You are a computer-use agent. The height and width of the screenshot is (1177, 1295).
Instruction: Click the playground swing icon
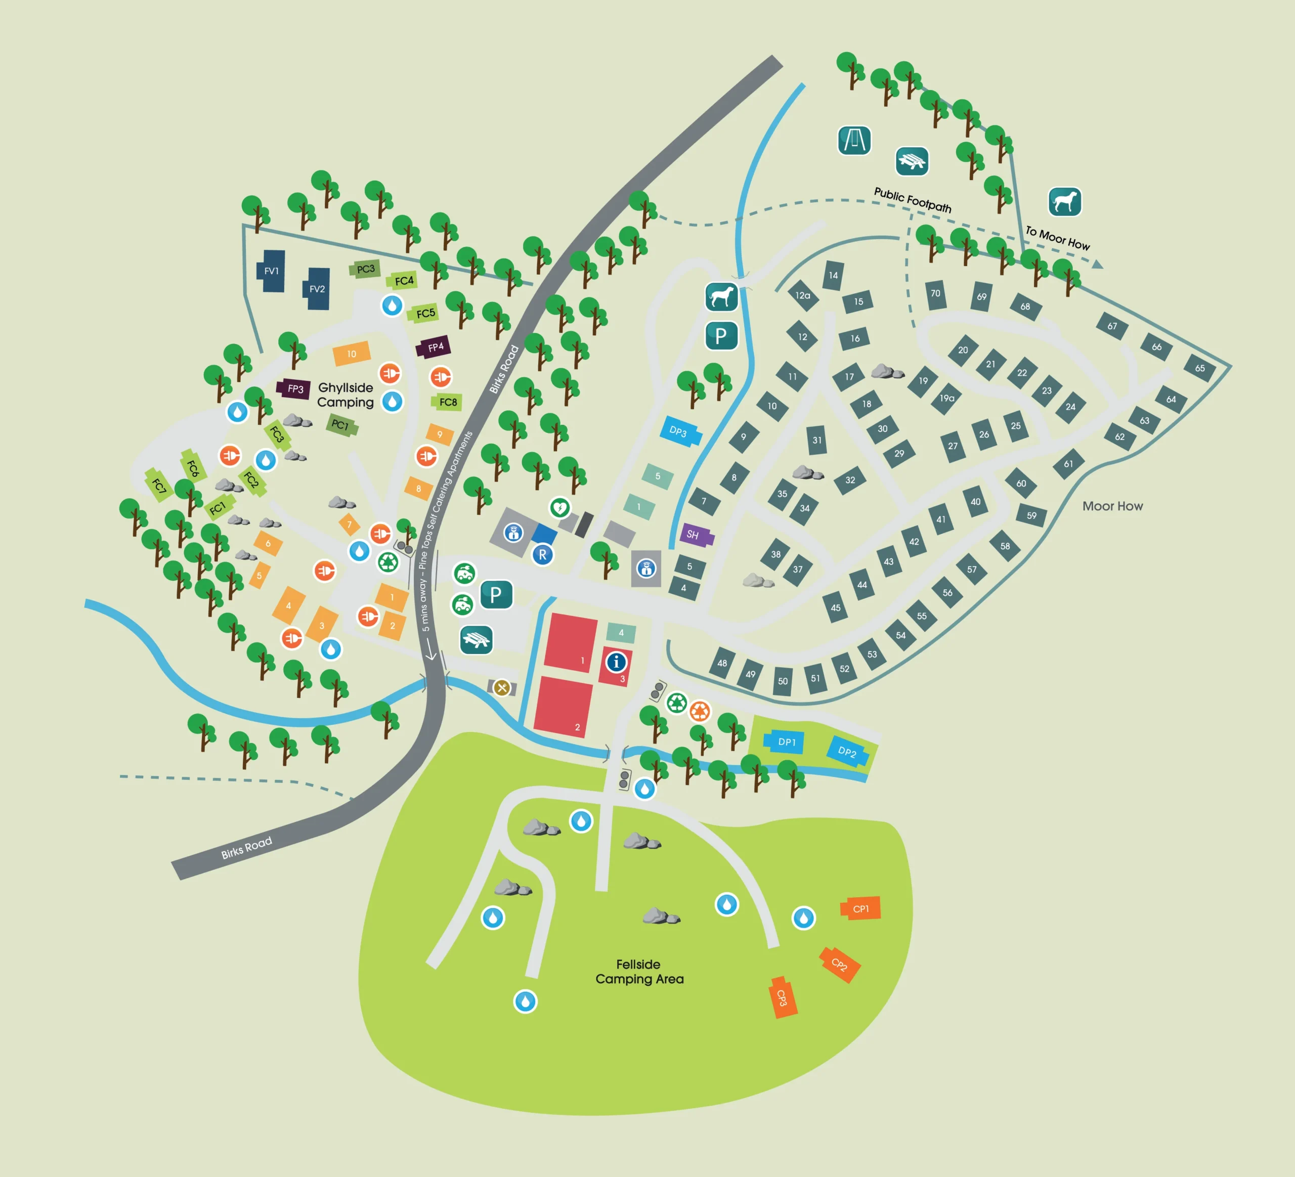click(x=854, y=140)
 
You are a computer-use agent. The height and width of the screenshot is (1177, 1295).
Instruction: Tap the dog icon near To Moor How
click(x=1064, y=202)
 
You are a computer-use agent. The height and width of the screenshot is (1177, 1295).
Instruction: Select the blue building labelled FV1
click(x=272, y=271)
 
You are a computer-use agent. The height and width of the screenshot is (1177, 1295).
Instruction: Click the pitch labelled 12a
click(x=803, y=295)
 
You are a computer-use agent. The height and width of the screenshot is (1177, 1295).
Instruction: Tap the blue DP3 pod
click(x=679, y=431)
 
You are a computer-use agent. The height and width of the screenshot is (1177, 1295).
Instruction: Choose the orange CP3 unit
click(x=783, y=998)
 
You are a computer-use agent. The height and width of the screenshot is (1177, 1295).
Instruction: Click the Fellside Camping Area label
click(x=638, y=972)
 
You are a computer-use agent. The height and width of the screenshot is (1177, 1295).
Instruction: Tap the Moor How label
click(x=1112, y=506)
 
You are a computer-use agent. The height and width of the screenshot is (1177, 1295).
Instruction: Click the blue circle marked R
click(x=543, y=555)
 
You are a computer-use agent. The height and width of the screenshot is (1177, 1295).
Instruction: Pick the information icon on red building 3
click(x=616, y=662)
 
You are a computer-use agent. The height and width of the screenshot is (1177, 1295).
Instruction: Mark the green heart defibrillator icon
click(x=559, y=508)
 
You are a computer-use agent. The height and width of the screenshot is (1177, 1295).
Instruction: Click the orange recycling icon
click(x=700, y=711)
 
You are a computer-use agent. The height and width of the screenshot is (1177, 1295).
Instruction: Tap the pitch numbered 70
click(x=935, y=293)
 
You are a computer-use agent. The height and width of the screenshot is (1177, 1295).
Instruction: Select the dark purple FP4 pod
click(x=435, y=347)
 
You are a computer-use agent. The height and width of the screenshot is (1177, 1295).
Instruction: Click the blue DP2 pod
click(x=847, y=751)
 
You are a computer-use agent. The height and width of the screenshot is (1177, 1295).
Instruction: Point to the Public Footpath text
click(x=912, y=200)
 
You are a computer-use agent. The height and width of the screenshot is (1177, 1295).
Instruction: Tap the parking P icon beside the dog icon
click(x=721, y=335)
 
